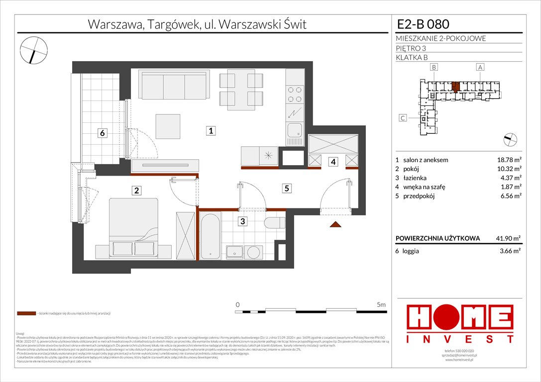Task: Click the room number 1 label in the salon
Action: click(x=212, y=131)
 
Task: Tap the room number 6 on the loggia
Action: click(x=102, y=133)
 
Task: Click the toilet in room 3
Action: click(x=274, y=224)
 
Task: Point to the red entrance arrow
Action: click(x=337, y=225)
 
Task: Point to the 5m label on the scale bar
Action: click(x=382, y=304)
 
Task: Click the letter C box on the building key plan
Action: click(x=404, y=118)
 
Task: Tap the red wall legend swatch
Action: click(x=26, y=314)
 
